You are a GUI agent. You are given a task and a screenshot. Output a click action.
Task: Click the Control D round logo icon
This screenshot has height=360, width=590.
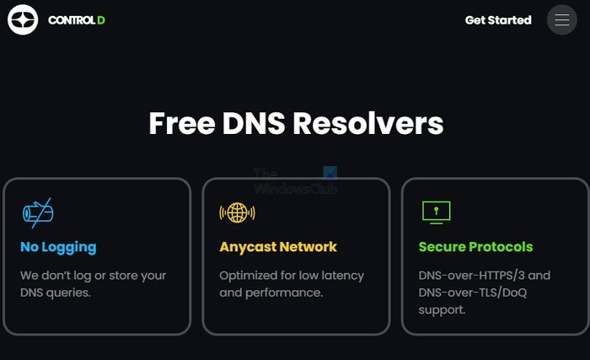[23, 19]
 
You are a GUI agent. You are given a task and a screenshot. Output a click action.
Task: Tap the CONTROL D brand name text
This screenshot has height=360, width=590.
[77, 20]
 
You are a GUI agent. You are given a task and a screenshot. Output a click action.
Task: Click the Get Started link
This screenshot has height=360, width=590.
[498, 20]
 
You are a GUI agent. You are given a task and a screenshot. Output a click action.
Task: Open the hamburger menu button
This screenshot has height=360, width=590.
[562, 20]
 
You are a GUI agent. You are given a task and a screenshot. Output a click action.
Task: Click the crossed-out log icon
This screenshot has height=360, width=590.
[37, 212]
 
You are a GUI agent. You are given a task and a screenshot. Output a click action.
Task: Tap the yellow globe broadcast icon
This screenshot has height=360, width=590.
[237, 212]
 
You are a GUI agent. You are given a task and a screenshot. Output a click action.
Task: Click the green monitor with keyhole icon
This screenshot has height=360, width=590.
[436, 212]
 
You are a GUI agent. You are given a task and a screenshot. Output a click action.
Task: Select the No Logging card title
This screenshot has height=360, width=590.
[58, 247]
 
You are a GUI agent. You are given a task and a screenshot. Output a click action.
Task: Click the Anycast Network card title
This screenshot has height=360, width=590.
[278, 247]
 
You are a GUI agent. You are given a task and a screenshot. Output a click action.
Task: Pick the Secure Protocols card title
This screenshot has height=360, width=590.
[475, 247]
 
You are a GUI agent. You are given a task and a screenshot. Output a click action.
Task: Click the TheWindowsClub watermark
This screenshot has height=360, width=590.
[295, 181]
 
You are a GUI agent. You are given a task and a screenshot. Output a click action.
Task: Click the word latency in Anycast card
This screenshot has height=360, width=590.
[342, 276]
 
